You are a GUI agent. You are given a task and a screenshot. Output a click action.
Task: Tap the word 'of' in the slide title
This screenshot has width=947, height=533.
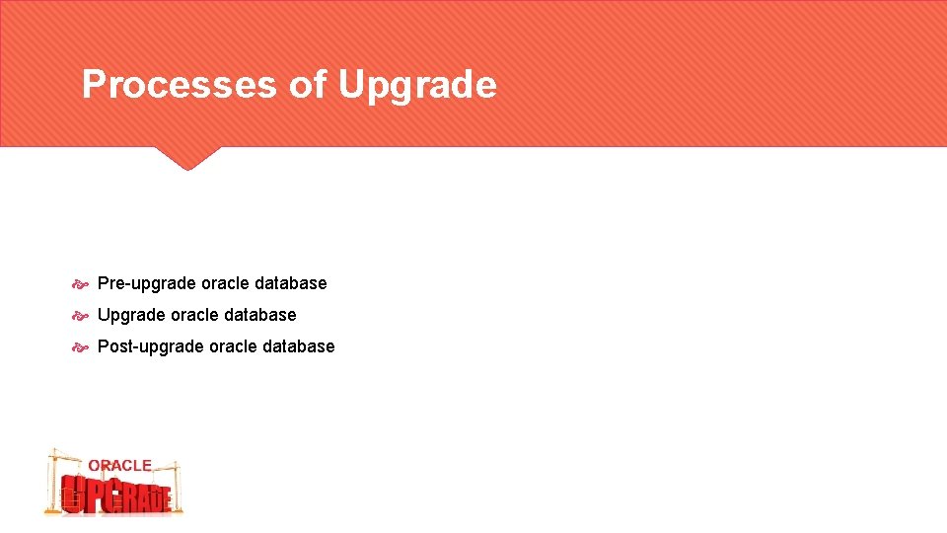pos(307,85)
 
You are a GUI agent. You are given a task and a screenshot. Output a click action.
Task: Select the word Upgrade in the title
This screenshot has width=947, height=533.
pos(417,86)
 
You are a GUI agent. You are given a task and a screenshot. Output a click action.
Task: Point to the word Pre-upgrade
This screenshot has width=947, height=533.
pos(147,284)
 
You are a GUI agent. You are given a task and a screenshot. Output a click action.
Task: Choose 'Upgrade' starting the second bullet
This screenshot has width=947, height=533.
pos(131,316)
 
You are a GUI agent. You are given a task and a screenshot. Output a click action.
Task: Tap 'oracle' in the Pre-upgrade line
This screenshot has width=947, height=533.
pos(225,284)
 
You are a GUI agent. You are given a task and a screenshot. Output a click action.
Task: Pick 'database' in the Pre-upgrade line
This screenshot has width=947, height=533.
pos(290,284)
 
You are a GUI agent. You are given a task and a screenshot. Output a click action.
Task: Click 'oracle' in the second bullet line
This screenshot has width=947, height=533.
pos(194,316)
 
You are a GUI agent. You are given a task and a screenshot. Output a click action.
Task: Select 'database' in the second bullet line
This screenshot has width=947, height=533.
pos(259,316)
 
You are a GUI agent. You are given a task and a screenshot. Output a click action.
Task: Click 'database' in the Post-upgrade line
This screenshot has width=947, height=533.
pos(298,347)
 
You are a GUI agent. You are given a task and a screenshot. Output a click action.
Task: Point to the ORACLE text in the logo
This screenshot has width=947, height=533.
pos(119,465)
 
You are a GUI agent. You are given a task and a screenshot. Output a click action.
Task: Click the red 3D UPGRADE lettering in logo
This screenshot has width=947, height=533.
pos(116,494)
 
